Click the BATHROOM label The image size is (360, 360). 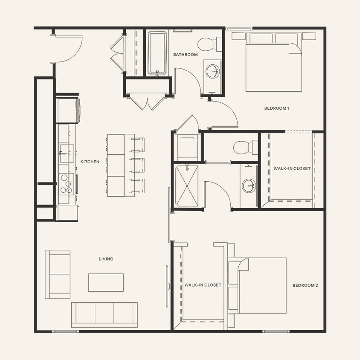pos(185,55)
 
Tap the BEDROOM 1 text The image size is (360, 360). pos(276,108)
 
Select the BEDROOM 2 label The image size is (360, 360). pos(305,285)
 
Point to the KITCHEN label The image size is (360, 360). pos(90,162)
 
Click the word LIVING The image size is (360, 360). pos(106,259)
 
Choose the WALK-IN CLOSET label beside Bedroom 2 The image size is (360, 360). pos(203,285)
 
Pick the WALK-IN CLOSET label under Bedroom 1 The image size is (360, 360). pos(292,168)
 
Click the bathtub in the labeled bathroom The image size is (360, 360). pos(158,53)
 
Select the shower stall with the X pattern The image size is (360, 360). pos(186,186)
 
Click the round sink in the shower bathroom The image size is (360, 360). pos(248,186)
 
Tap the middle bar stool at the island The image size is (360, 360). pos(136,165)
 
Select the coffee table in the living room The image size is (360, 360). pos(106,282)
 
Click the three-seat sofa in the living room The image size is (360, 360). pos(104,314)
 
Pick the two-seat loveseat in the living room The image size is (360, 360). pos(58,274)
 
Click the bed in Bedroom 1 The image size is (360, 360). pos(273,64)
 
